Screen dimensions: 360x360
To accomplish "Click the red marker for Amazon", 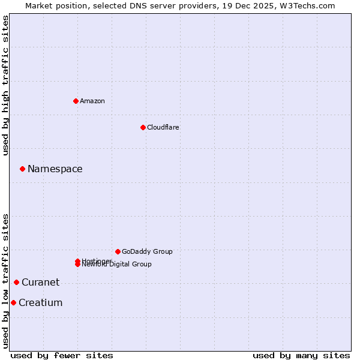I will pyautogui.click(x=76, y=101).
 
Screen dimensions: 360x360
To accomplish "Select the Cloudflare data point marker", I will pyautogui.click(x=143, y=127).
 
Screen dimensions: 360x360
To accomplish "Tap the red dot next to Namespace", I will pyautogui.click(x=22, y=169).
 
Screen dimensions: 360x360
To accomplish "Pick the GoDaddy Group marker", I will pyautogui.click(x=118, y=251).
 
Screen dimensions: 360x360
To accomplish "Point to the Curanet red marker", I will pyautogui.click(x=16, y=282).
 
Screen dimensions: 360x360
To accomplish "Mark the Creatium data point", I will pyautogui.click(x=13, y=302).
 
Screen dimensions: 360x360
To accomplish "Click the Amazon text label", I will pyautogui.click(x=92, y=101).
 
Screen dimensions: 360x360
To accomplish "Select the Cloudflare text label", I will pyautogui.click(x=163, y=127).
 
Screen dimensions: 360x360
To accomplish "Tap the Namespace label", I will pyautogui.click(x=55, y=169).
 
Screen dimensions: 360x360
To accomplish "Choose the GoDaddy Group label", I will pyautogui.click(x=147, y=251).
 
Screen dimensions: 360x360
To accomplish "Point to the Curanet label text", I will pyautogui.click(x=41, y=283).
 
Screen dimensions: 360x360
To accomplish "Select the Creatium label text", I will pyautogui.click(x=41, y=303).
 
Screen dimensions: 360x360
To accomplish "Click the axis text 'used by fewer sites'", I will pyautogui.click(x=62, y=355).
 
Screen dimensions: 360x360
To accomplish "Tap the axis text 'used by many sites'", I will pyautogui.click(x=301, y=355).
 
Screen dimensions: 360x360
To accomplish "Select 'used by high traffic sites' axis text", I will pyautogui.click(x=5, y=85).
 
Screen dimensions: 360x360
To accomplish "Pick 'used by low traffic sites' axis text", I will pyautogui.click(x=5, y=281).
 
